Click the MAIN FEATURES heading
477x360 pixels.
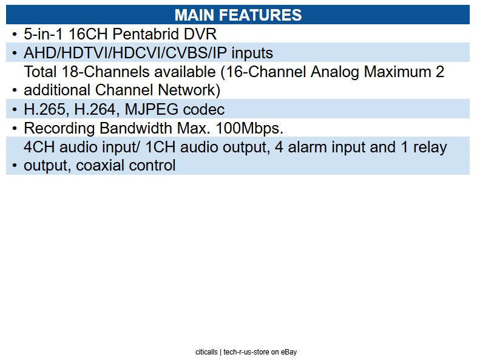click(238, 15)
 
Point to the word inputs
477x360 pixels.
click(249, 53)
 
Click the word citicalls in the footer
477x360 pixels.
click(207, 352)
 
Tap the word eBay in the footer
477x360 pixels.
click(289, 352)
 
